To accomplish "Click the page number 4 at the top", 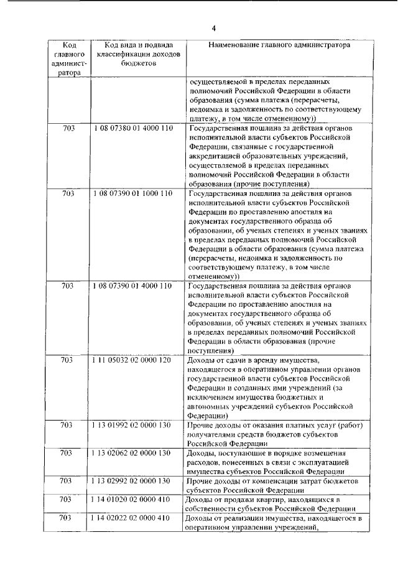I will pos(213,28).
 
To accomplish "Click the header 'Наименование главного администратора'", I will pos(279,45).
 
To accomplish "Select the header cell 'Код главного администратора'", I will pos(69,58).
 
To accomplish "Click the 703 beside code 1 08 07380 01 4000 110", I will pos(69,129).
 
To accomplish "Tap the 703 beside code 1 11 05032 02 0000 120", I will pos(69,360).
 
